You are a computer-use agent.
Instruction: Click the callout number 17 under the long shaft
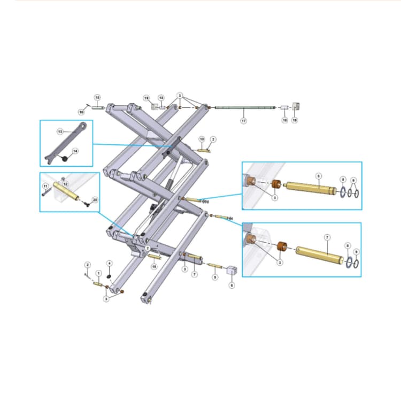coord(243,121)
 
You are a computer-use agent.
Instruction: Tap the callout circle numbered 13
coord(60,131)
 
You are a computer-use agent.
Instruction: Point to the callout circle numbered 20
coord(95,199)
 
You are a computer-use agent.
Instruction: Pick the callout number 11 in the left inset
coord(45,186)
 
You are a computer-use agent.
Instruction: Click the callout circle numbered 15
coord(97,97)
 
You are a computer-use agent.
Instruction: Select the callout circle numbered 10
coord(202,139)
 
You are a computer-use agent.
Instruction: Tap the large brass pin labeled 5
coord(310,188)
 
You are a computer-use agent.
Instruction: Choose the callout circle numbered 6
coord(232,286)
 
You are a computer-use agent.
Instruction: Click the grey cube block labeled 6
coord(232,271)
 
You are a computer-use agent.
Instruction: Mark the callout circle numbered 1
coord(98,273)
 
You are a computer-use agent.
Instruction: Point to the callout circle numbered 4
coord(110,263)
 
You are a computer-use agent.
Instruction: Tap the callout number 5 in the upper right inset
coord(319,175)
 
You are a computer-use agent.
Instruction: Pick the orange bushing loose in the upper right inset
coord(276,184)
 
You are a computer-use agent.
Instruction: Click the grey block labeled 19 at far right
coord(297,106)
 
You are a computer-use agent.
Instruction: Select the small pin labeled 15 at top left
coord(99,108)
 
